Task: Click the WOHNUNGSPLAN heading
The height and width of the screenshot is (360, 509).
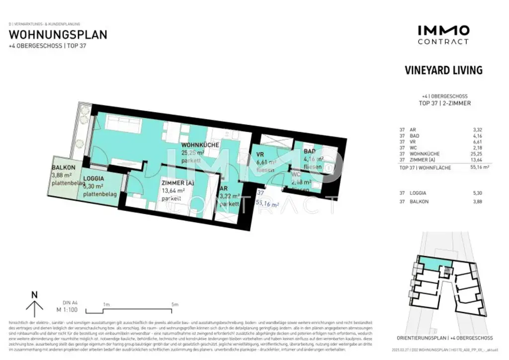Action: pyautogui.click(x=58, y=35)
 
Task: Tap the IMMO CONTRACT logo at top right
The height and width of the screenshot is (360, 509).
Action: pyautogui.click(x=443, y=35)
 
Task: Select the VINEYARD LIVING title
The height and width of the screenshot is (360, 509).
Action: pyautogui.click(x=443, y=70)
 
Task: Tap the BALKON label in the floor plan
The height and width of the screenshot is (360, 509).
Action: pyautogui.click(x=64, y=168)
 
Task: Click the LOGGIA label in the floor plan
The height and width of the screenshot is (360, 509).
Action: pyautogui.click(x=93, y=179)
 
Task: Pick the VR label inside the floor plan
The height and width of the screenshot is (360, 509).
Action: pyautogui.click(x=259, y=154)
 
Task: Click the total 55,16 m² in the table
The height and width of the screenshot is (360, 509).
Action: pyautogui.click(x=479, y=168)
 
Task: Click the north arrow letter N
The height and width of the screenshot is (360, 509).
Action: pyautogui.click(x=34, y=294)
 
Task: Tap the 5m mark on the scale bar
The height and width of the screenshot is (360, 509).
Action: pyautogui.click(x=174, y=304)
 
